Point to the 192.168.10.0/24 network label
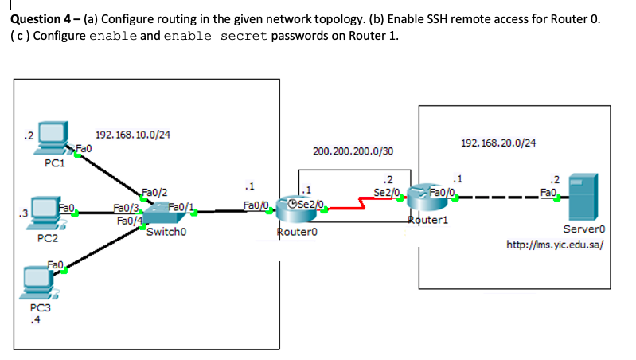tap(132, 135)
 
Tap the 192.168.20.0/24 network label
tap(498, 143)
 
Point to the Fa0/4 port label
tap(129, 221)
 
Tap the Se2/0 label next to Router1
tap(386, 191)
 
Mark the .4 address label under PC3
tap(33, 321)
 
